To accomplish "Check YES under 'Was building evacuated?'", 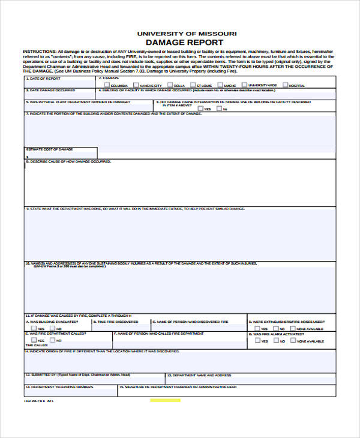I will click(x=34, y=328).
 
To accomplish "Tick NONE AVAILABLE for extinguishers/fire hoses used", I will click(x=293, y=328).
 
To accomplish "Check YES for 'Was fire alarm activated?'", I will click(x=257, y=340).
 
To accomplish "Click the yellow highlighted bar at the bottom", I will click(x=164, y=400).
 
